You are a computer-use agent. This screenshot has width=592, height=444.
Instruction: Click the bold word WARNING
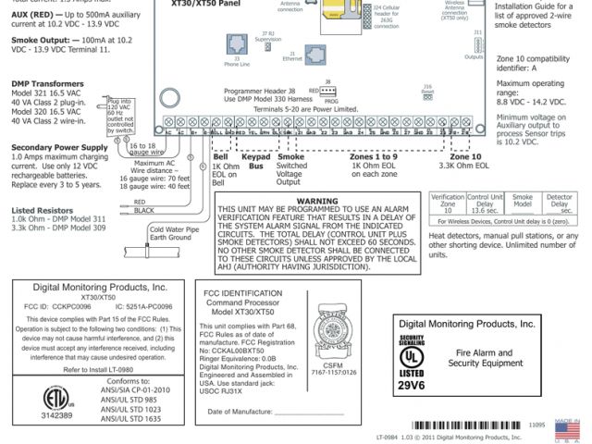(317, 200)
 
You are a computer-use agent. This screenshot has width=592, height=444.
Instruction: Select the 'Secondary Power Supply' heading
(53, 147)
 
